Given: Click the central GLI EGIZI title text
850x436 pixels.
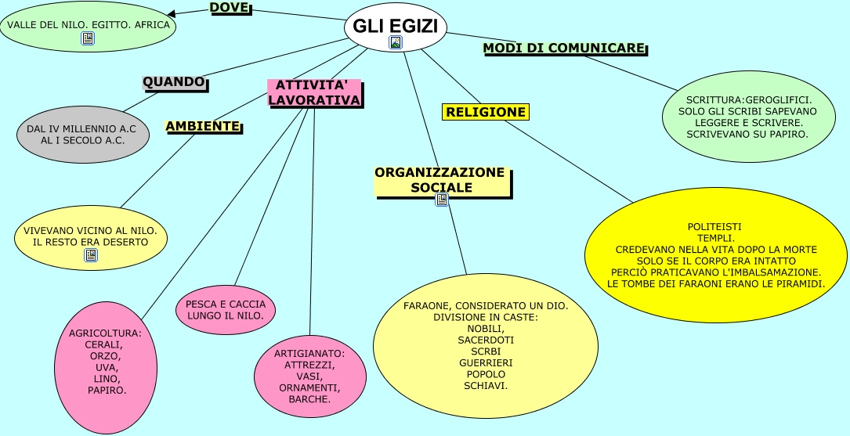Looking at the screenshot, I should (x=395, y=25).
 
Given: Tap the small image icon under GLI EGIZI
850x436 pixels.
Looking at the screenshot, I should (x=396, y=42).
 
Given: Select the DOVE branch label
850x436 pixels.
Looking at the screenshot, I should (x=230, y=8).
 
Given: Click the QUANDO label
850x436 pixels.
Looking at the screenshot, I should (x=173, y=81).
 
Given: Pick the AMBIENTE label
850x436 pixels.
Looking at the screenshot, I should (x=202, y=126).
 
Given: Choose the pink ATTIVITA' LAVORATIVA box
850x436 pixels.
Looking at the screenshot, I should (x=314, y=92).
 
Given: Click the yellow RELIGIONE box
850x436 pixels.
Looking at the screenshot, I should (x=486, y=112).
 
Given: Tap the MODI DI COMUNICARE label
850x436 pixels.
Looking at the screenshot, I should (x=564, y=49).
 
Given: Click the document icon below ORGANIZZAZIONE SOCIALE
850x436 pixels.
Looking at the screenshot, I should (x=442, y=199).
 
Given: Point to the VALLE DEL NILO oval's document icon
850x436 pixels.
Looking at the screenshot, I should (x=88, y=38).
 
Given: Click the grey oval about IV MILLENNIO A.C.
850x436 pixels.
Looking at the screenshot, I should (x=82, y=134).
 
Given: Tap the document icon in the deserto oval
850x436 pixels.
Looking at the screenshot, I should (x=91, y=254).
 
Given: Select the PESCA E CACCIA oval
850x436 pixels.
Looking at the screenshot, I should (x=226, y=310).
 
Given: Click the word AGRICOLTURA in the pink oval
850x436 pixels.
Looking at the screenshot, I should (x=105, y=333).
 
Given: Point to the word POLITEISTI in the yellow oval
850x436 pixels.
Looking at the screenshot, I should (x=714, y=226).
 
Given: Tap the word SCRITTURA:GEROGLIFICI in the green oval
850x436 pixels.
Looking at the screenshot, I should (x=748, y=100).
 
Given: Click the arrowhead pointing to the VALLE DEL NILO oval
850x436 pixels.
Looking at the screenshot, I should (x=172, y=13).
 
